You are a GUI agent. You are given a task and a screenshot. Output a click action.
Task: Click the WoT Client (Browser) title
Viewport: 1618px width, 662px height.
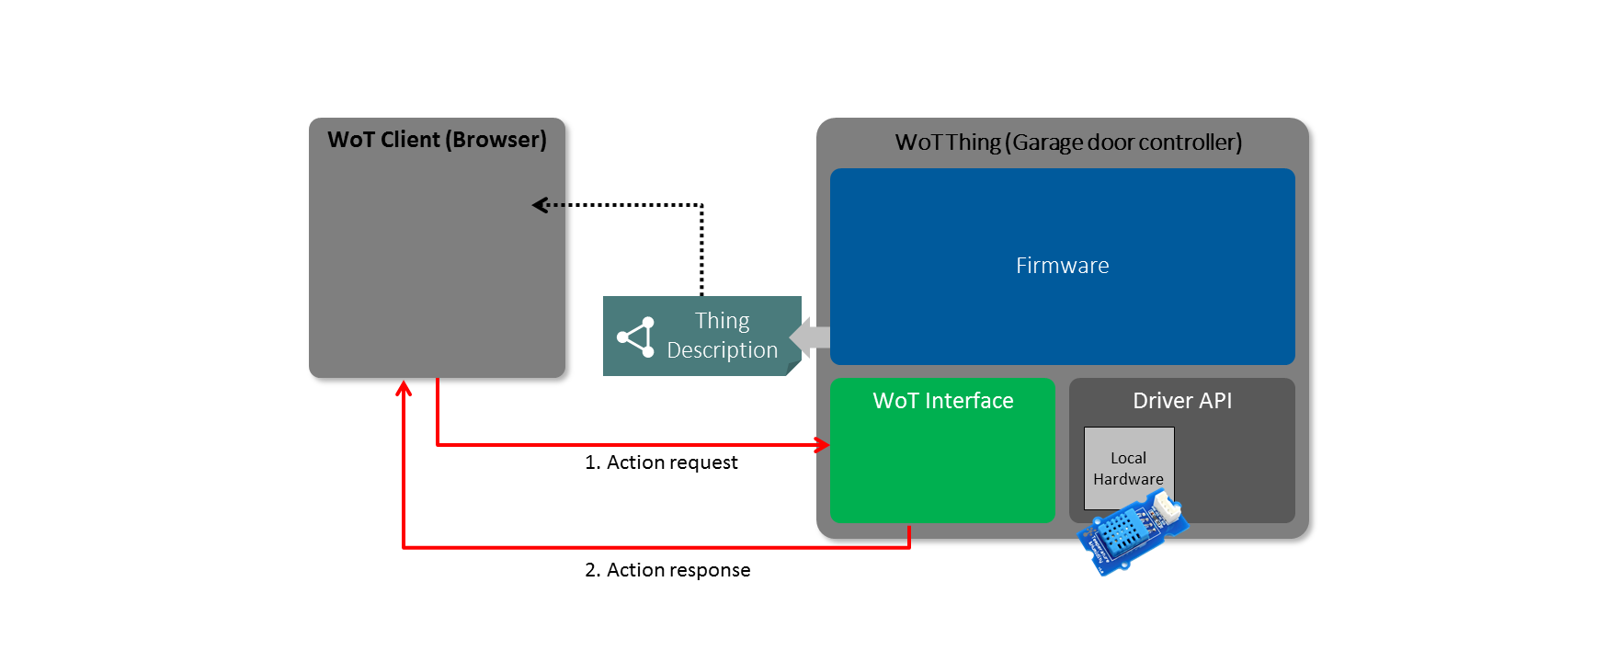pyautogui.click(x=437, y=140)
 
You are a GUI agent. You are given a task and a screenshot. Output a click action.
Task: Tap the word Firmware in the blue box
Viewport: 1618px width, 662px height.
pyautogui.click(x=1062, y=266)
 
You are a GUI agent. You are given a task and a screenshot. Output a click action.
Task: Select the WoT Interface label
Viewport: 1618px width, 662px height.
pyautogui.click(x=942, y=401)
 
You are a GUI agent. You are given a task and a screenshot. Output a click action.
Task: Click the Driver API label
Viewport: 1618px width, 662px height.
pyautogui.click(x=1181, y=401)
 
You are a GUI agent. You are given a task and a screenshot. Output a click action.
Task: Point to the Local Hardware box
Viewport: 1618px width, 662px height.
pyautogui.click(x=1128, y=467)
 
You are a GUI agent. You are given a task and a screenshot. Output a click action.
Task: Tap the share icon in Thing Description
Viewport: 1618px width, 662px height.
pyautogui.click(x=636, y=337)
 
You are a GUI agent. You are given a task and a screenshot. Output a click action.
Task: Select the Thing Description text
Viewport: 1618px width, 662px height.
pyautogui.click(x=722, y=336)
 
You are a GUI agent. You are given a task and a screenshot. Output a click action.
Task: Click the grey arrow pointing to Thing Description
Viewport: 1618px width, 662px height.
pyautogui.click(x=810, y=337)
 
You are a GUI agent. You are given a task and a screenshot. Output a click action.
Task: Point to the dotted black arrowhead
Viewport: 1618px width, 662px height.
pyautogui.click(x=540, y=205)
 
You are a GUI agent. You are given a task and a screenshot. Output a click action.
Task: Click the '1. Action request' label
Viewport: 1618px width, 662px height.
pyautogui.click(x=661, y=462)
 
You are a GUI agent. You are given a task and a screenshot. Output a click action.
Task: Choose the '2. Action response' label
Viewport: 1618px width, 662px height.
pyautogui.click(x=667, y=570)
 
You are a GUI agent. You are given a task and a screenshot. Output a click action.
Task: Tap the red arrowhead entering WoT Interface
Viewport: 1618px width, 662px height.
pyautogui.click(x=822, y=445)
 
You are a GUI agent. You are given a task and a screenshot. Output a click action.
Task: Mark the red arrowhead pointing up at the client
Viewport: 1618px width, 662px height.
pyautogui.click(x=404, y=389)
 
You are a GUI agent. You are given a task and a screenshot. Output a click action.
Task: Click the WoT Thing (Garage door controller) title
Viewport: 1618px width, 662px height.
pyautogui.click(x=1068, y=143)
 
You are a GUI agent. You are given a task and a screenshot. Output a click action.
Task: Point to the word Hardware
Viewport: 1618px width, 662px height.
pyautogui.click(x=1128, y=479)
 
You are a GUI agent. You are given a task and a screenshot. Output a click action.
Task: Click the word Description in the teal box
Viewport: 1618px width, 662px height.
pyautogui.click(x=722, y=350)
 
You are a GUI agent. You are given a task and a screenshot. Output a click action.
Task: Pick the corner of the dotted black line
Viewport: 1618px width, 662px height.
pyautogui.click(x=702, y=205)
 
